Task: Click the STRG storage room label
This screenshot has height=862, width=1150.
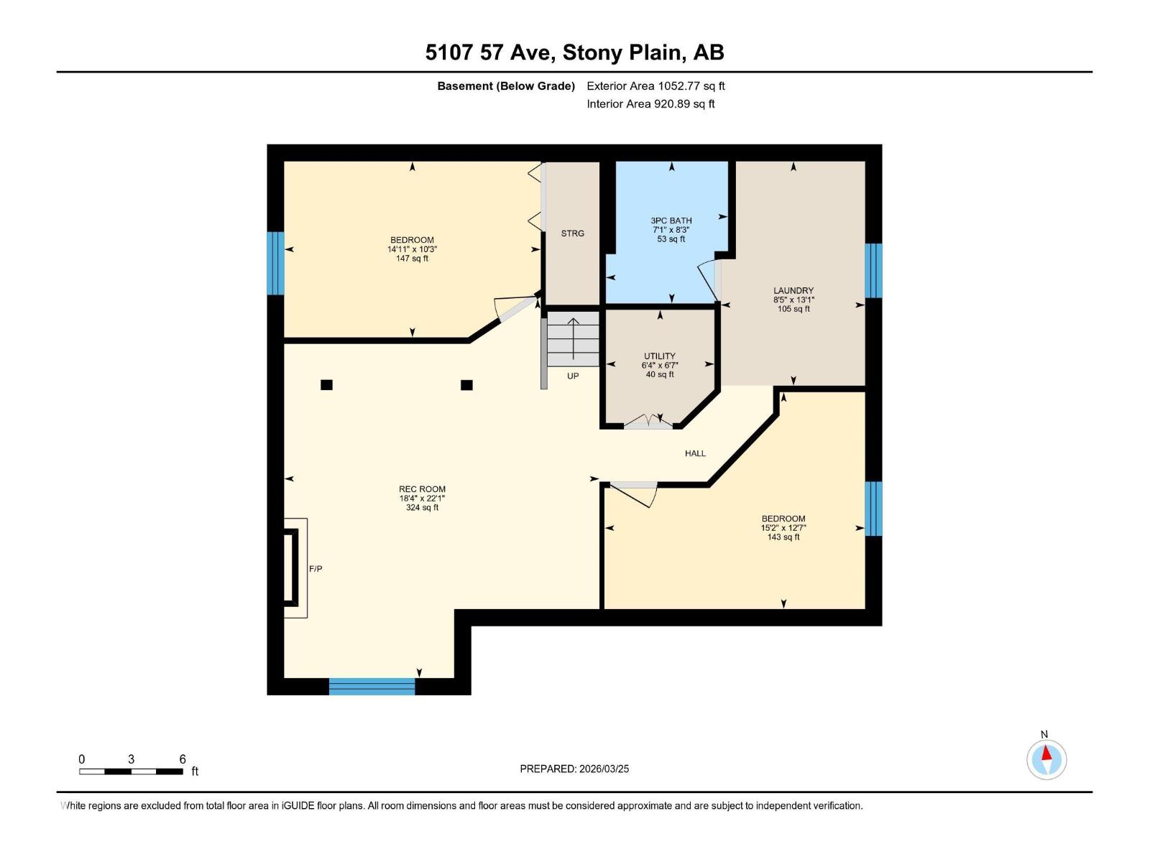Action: pyautogui.click(x=573, y=233)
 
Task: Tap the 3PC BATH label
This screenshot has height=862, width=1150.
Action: pyautogui.click(x=671, y=221)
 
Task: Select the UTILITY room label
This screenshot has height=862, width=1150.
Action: pyautogui.click(x=659, y=356)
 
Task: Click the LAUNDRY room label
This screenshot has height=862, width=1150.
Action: pyautogui.click(x=793, y=291)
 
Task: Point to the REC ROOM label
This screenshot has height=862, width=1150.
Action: pyautogui.click(x=422, y=489)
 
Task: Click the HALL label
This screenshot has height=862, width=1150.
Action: pyautogui.click(x=695, y=453)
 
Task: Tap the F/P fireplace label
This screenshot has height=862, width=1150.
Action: pyautogui.click(x=316, y=569)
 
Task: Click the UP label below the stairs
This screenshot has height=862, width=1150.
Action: pyautogui.click(x=573, y=376)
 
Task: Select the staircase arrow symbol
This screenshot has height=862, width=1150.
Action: pyautogui.click(x=573, y=338)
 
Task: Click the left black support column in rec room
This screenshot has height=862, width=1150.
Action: pyautogui.click(x=326, y=385)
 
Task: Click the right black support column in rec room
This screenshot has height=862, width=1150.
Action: pyautogui.click(x=466, y=385)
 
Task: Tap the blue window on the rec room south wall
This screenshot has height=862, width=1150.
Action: pyautogui.click(x=372, y=687)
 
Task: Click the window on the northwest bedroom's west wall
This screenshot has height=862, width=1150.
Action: pyautogui.click(x=275, y=263)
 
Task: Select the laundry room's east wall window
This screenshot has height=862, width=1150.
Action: pyautogui.click(x=873, y=270)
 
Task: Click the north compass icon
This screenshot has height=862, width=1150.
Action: pyautogui.click(x=1046, y=759)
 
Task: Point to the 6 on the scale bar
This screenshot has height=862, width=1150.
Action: pyautogui.click(x=183, y=759)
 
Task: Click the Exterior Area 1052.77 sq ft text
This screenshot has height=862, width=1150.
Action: pyautogui.click(x=655, y=86)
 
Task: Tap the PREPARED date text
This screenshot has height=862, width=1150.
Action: pyautogui.click(x=574, y=769)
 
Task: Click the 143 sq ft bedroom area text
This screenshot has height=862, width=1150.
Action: pyautogui.click(x=783, y=537)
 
